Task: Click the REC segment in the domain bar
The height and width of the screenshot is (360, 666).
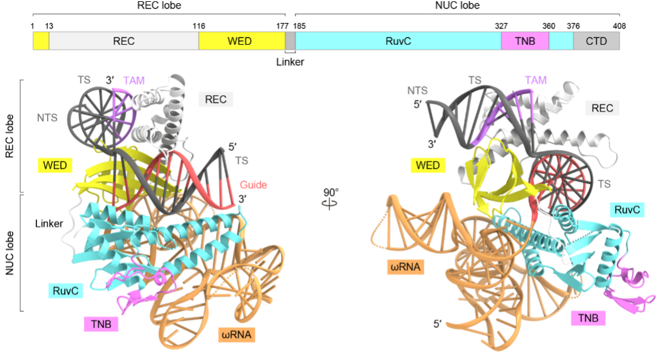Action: tap(124, 41)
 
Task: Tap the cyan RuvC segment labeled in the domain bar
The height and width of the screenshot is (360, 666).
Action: tap(398, 41)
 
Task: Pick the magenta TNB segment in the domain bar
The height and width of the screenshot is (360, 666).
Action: tap(525, 41)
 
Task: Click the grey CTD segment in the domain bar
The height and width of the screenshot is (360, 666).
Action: tap(596, 41)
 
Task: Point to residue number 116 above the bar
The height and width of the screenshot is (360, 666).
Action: tap(199, 26)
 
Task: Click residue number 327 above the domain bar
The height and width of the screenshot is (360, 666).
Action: tap(501, 26)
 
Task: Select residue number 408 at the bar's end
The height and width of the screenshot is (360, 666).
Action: tap(619, 26)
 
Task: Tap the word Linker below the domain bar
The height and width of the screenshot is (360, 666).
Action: tap(290, 62)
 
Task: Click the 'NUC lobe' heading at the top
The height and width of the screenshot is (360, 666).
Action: tap(458, 5)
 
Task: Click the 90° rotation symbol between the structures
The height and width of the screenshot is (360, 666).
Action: tap(331, 198)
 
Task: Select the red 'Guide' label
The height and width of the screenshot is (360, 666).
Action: tap(254, 185)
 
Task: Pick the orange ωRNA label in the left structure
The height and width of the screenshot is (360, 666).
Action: tap(237, 335)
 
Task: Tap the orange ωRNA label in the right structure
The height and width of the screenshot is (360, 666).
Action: tap(405, 267)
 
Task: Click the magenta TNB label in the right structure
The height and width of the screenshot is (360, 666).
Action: tap(589, 318)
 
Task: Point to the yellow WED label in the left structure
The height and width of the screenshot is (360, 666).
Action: tap(54, 165)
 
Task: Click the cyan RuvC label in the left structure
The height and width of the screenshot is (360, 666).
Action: tap(65, 291)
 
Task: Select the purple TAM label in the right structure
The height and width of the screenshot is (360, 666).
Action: tap(536, 80)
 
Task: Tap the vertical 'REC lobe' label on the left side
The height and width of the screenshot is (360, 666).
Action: tap(9, 136)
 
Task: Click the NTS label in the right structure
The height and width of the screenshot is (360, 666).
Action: tap(418, 90)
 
